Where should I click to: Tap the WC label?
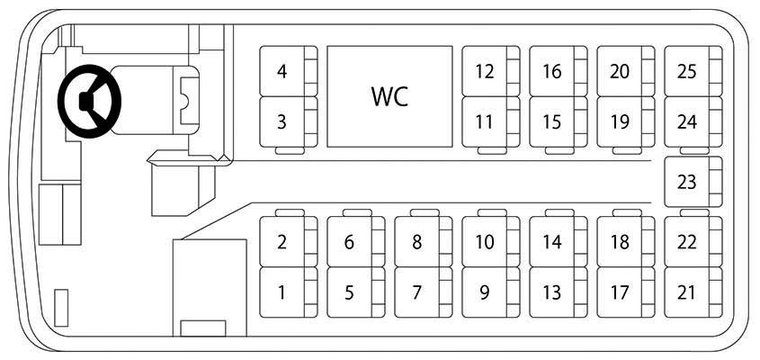click(x=389, y=96)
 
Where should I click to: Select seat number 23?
click(x=693, y=182)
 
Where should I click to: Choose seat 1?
click(x=289, y=292)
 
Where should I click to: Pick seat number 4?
click(x=289, y=71)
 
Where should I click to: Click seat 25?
click(x=693, y=71)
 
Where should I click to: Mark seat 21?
click(x=693, y=292)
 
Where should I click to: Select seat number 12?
click(x=490, y=71)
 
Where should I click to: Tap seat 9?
click(x=490, y=292)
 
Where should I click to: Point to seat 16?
click(x=558, y=71)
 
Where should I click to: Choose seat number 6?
click(x=356, y=241)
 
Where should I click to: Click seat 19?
click(x=626, y=121)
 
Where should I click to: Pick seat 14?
click(x=558, y=241)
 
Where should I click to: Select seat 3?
click(x=289, y=121)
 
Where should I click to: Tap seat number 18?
click(x=626, y=241)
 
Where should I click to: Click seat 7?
click(x=423, y=292)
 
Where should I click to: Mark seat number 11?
click(x=490, y=121)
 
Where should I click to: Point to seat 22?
click(x=693, y=241)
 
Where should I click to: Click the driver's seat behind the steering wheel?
click(x=154, y=100)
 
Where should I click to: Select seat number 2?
click(x=289, y=241)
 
